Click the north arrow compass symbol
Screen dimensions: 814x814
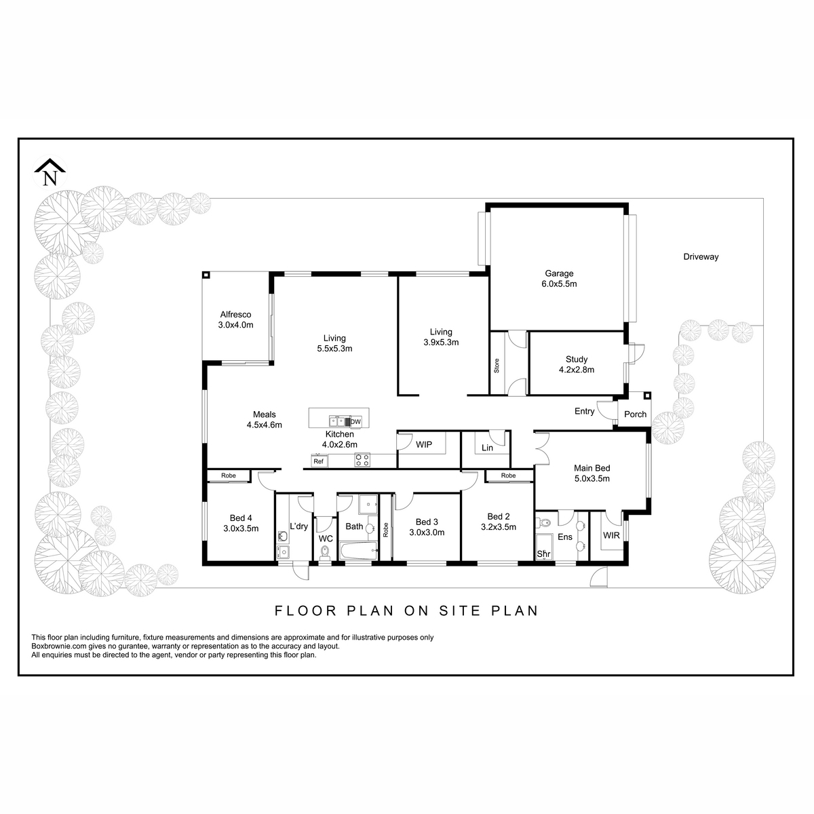click(x=50, y=172)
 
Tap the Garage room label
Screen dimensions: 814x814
click(x=559, y=279)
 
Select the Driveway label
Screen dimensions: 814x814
click(x=701, y=257)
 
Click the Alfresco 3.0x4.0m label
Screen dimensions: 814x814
click(x=235, y=319)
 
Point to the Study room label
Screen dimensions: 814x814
click(x=577, y=364)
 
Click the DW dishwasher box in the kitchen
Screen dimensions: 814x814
click(x=355, y=421)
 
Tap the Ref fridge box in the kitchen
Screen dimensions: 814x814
click(x=319, y=462)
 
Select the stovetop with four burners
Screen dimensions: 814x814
click(x=362, y=460)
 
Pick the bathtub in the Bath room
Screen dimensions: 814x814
click(x=359, y=551)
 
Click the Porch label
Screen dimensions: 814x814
click(x=636, y=414)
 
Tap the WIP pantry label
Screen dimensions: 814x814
click(x=424, y=444)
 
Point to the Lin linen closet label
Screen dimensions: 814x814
click(x=487, y=448)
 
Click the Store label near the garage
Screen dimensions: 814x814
click(x=497, y=366)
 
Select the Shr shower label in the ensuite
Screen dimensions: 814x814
click(x=543, y=554)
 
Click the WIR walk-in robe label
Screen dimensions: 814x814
click(x=611, y=536)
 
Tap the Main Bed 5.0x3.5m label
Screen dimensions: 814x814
click(x=592, y=473)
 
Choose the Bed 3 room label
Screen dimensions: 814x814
click(x=427, y=522)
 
